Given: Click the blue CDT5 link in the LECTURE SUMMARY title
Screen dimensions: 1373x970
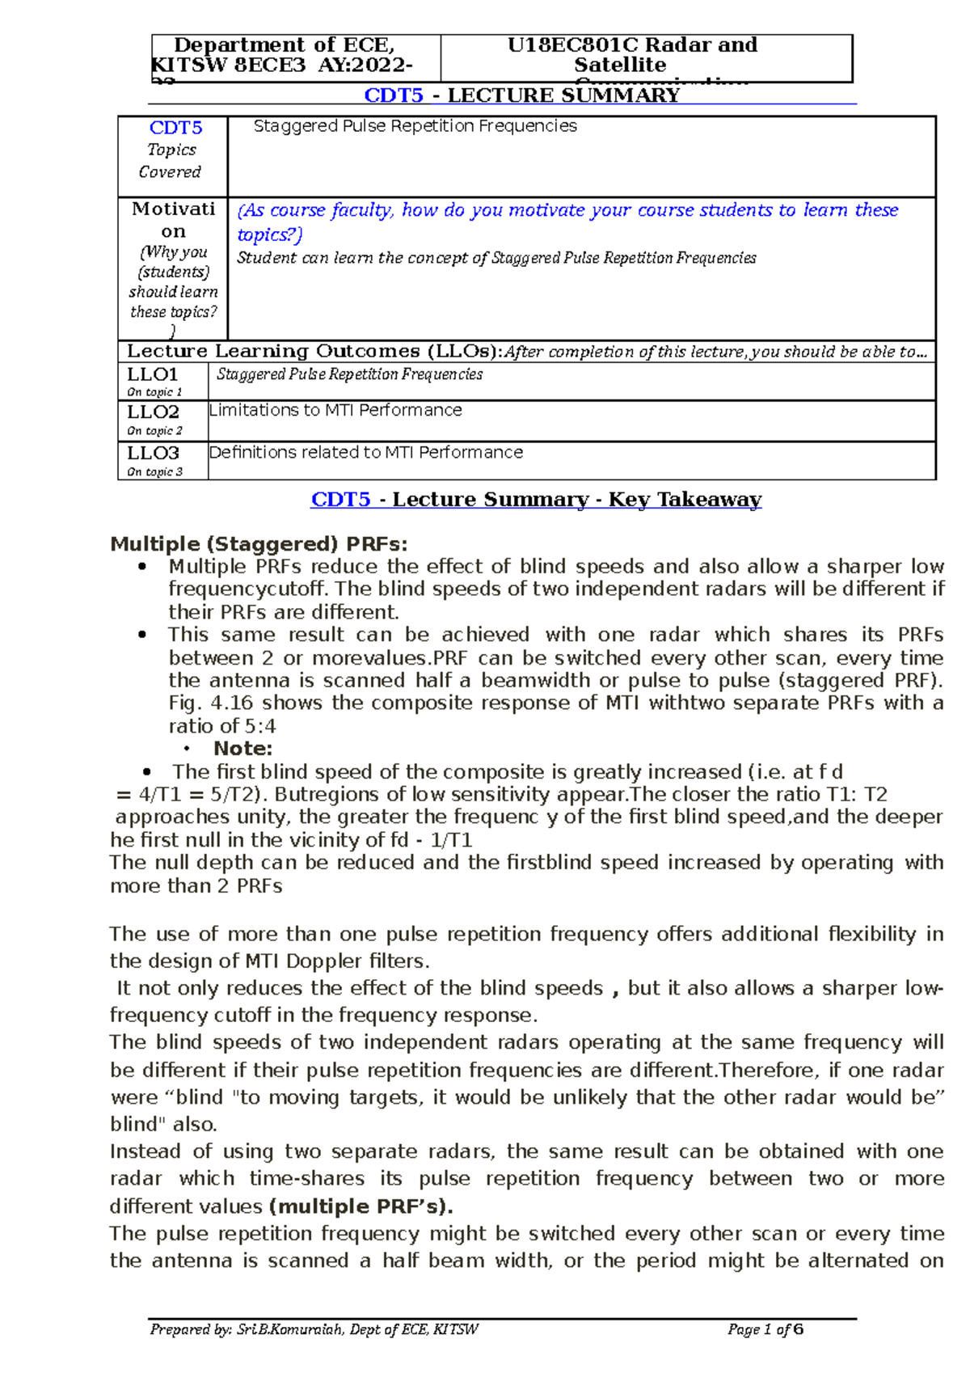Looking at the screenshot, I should click(x=393, y=95).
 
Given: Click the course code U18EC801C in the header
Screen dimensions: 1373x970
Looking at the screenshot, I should click(x=559, y=45).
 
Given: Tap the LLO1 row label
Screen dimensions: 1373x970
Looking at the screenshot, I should click(x=152, y=374).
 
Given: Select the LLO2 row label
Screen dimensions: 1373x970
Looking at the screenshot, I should click(x=152, y=412).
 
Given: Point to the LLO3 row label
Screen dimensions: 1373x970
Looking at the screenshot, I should click(x=152, y=453).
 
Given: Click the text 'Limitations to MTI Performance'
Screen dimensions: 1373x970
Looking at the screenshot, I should click(x=335, y=411).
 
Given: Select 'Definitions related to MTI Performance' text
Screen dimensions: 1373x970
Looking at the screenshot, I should click(x=365, y=453).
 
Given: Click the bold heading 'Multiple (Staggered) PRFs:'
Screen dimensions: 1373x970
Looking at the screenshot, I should click(x=259, y=543).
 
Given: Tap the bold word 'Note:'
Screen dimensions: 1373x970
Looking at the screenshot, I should click(x=242, y=749).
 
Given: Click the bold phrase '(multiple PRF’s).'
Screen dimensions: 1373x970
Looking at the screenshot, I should click(x=361, y=1206).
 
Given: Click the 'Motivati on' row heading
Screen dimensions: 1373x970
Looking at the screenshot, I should click(x=173, y=220).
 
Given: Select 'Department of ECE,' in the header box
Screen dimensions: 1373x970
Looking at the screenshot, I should click(x=284, y=45).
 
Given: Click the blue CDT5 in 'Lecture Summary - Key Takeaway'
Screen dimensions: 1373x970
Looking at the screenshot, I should click(x=340, y=500).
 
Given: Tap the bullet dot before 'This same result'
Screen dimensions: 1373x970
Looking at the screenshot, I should click(x=143, y=636).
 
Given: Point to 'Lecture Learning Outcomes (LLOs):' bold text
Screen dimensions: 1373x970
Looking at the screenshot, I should click(x=314, y=352).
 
